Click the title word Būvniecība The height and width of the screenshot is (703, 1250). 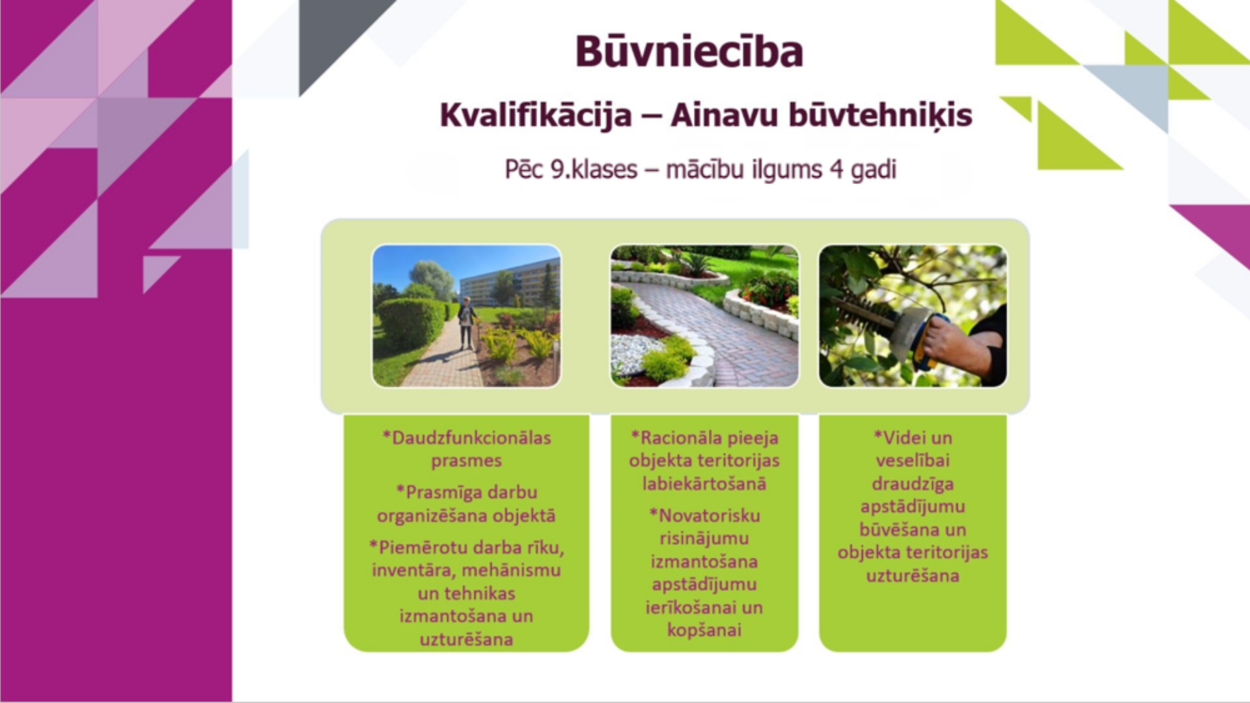pyautogui.click(x=689, y=51)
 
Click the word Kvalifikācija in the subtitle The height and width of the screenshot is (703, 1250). pyautogui.click(x=536, y=116)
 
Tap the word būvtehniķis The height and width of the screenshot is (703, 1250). pyautogui.click(x=880, y=116)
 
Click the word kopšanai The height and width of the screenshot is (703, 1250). pyautogui.click(x=704, y=630)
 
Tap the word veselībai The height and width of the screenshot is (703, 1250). pyautogui.click(x=913, y=461)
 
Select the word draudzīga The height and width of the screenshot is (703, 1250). pyautogui.click(x=913, y=484)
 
